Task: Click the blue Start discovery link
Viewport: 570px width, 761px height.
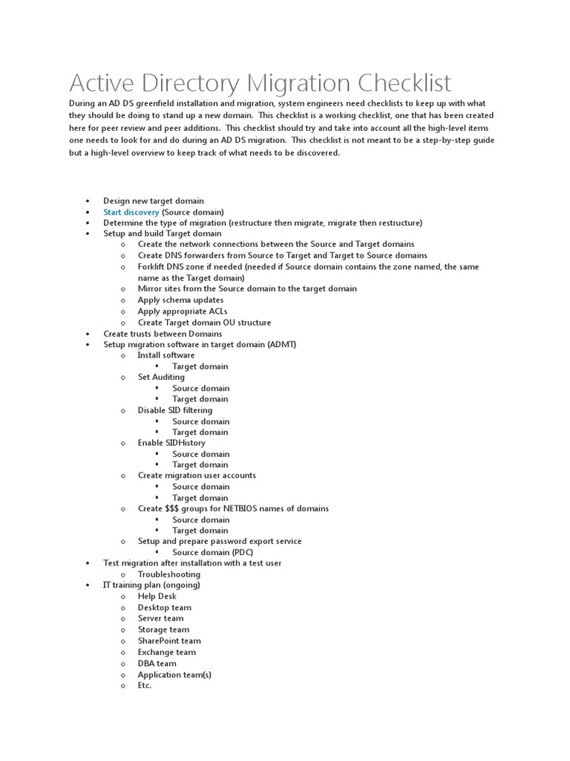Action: (131, 212)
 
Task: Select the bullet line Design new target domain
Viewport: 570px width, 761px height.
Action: (153, 201)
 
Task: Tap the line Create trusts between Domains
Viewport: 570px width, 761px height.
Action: (163, 334)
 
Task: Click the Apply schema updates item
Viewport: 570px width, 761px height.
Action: (180, 300)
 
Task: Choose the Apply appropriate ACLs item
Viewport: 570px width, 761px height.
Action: (183, 311)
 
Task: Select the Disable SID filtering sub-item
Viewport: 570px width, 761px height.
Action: (174, 410)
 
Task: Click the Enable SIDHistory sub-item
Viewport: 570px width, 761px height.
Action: (171, 443)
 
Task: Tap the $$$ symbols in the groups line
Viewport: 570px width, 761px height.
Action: (174, 509)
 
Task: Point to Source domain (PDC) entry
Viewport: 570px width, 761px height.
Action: (213, 553)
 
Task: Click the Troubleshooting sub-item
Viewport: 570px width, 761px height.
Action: (168, 574)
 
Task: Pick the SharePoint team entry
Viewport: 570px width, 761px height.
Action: (169, 641)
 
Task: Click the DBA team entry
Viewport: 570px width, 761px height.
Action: (157, 664)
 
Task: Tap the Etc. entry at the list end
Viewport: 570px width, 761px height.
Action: (144, 685)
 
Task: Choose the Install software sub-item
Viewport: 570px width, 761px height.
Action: (166, 355)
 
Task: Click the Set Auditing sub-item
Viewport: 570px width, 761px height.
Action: (161, 377)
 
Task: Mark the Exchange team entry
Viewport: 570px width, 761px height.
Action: (167, 652)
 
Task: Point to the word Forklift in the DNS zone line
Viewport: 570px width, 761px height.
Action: (153, 267)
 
